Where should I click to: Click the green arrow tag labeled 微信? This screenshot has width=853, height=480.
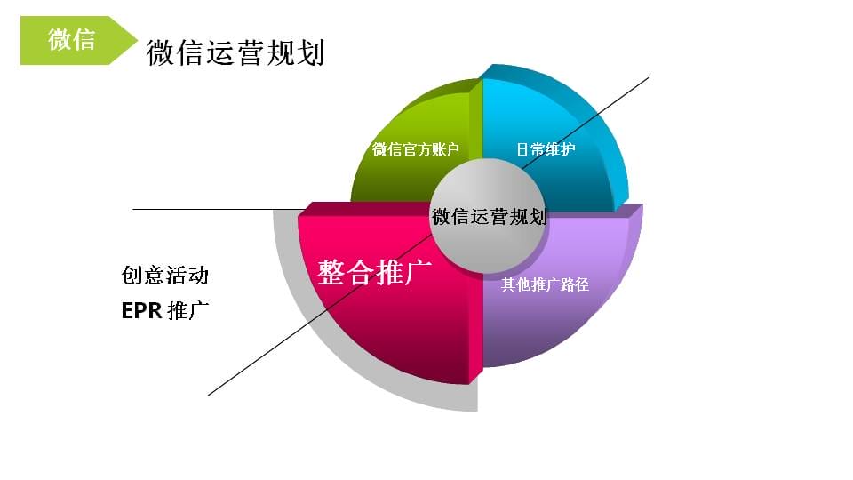pos(76,41)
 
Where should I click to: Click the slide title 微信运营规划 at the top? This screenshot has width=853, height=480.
pos(235,52)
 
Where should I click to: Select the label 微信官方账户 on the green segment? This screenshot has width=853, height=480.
pos(416,149)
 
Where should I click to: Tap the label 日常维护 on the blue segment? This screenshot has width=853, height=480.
pos(546,149)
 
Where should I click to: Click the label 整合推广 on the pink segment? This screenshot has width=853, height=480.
pos(375,272)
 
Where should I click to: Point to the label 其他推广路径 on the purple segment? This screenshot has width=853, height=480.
pos(545,284)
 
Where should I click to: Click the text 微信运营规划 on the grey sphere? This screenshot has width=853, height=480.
pos(489,217)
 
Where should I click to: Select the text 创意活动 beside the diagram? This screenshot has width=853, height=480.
pos(165,275)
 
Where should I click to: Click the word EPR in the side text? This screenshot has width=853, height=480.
pos(142,311)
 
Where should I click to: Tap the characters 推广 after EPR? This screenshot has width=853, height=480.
pos(188,311)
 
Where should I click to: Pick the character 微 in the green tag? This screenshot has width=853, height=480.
pos(60,40)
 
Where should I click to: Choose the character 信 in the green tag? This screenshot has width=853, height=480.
pos(84,40)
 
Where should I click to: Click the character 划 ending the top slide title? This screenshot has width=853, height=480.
pos(311,52)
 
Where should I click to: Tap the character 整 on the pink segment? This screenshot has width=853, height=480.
pos(331,272)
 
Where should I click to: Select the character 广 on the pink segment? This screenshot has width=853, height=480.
pos(419,272)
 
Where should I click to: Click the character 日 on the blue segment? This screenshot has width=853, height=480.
pos(522,149)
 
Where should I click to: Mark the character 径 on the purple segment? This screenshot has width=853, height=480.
pos(582,284)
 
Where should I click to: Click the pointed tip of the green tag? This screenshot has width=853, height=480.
pos(137,40)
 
